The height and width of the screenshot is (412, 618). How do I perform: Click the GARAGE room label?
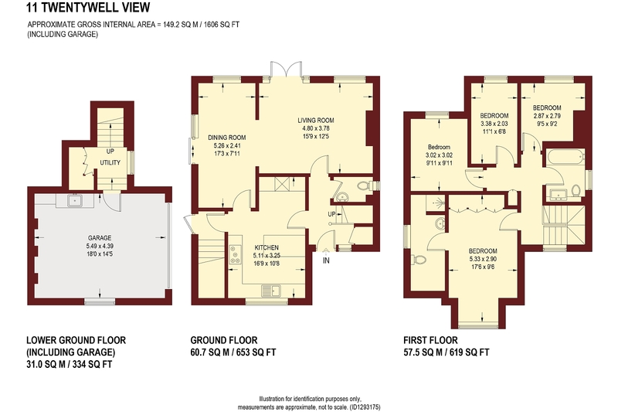pos(100,238)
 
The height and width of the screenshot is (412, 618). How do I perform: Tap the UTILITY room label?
pos(110,162)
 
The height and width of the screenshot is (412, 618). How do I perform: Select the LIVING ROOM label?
pos(316,121)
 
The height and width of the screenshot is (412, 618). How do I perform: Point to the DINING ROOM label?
pos(226,138)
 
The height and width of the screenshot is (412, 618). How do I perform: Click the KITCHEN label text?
pos(267,247)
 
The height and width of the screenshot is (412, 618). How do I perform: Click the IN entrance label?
pos(326,260)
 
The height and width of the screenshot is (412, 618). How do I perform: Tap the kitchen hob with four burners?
pos(236,254)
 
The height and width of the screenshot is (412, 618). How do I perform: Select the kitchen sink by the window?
pos(271,291)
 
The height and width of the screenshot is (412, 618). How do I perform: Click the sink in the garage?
pos(74,201)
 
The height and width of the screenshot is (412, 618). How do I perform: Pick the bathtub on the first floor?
pos(565,158)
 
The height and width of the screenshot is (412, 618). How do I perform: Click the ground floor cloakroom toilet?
pos(365,186)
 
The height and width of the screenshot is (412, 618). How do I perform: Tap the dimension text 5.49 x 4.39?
pos(100,246)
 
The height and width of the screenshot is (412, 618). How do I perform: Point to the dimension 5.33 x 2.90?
pos(483,259)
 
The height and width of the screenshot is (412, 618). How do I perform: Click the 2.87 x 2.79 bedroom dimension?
pos(547,116)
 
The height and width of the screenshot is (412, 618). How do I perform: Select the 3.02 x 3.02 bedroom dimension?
pos(439,155)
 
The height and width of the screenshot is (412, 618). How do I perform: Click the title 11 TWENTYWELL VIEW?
pos(88,7)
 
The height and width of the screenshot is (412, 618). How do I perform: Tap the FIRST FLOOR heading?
pos(430,340)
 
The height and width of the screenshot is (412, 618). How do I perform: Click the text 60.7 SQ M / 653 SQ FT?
pos(233,352)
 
